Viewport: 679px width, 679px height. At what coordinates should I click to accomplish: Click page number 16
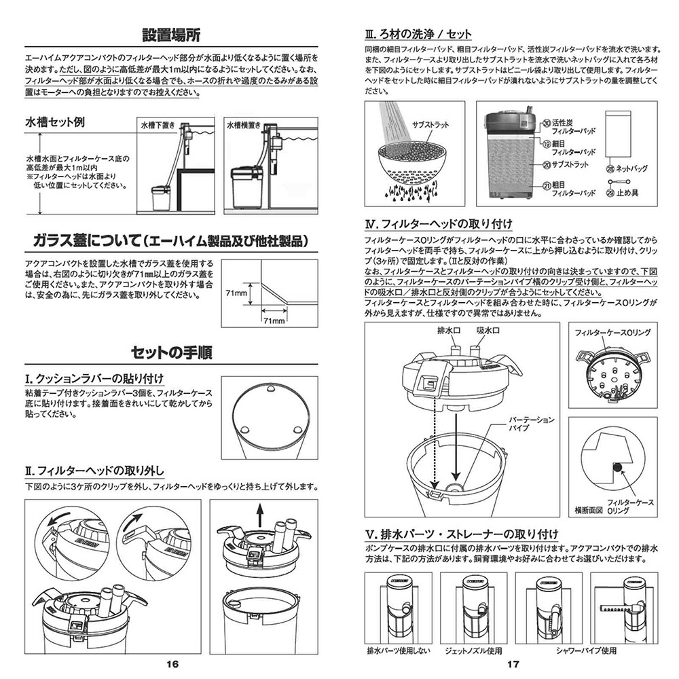tap(172, 665)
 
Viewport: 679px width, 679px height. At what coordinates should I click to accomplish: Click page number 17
tap(513, 665)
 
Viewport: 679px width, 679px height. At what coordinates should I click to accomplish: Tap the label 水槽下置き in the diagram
tap(158, 126)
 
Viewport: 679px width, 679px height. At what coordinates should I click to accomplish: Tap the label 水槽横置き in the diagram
tap(244, 126)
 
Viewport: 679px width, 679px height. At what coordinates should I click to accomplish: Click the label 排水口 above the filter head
tap(446, 330)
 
